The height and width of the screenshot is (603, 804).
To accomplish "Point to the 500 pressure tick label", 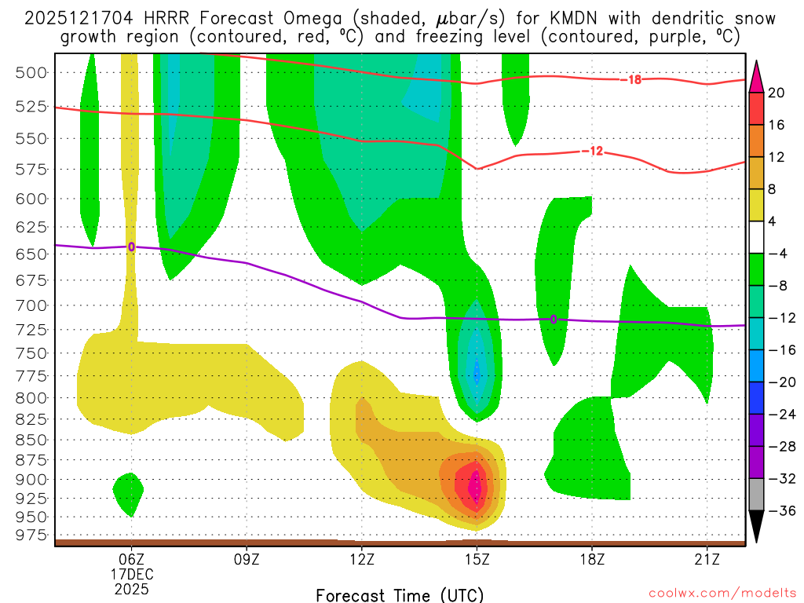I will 31,72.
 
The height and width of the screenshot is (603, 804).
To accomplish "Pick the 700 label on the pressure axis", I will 31,305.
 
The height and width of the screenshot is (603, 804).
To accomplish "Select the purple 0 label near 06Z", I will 131,247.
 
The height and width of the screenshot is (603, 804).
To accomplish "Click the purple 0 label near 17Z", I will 554,320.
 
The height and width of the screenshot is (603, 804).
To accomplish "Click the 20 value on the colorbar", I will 777,93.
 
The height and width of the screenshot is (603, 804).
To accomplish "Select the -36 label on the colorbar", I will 780,511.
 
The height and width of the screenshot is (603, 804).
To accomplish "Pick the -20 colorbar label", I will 780,382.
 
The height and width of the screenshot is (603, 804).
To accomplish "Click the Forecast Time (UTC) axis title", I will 400,594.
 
